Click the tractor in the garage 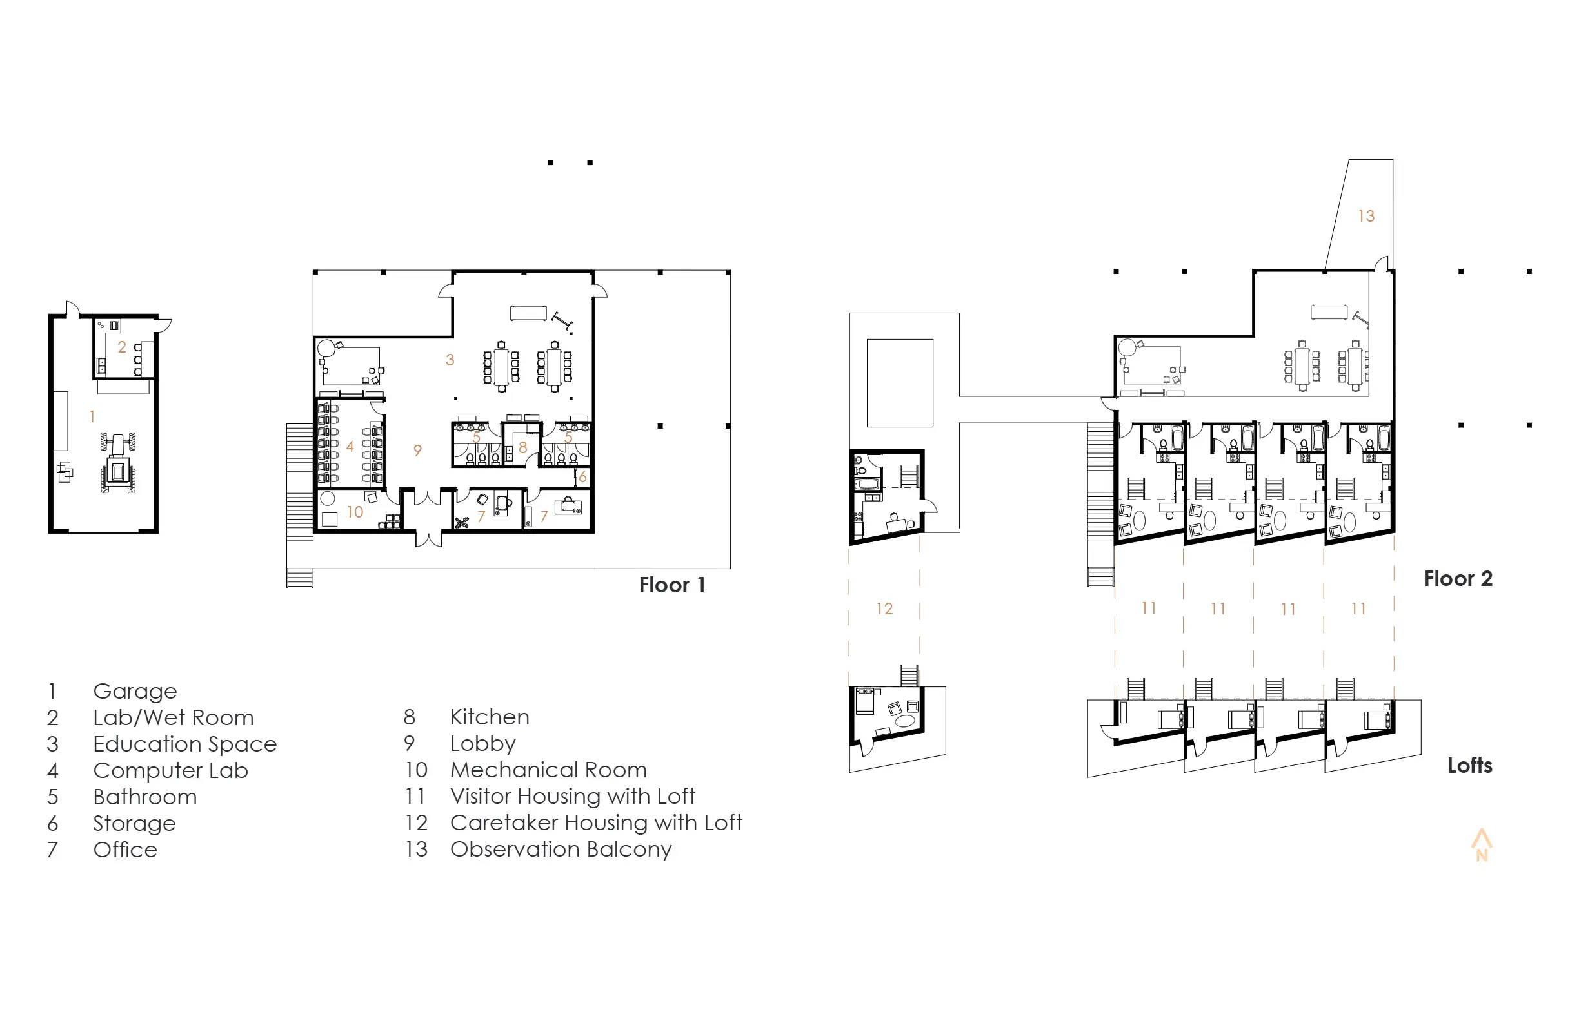pyautogui.click(x=118, y=463)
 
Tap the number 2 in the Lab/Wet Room pyautogui.click(x=122, y=347)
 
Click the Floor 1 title pyautogui.click(x=672, y=585)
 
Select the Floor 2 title pyautogui.click(x=1458, y=579)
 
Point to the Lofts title pyautogui.click(x=1469, y=766)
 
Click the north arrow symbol pyautogui.click(x=1482, y=844)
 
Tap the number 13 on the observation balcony pyautogui.click(x=1366, y=216)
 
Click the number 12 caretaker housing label pyautogui.click(x=884, y=608)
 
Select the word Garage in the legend pyautogui.click(x=135, y=692)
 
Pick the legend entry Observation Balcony pyautogui.click(x=561, y=850)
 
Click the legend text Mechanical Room pyautogui.click(x=548, y=770)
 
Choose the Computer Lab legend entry pyautogui.click(x=170, y=770)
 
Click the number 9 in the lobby pyautogui.click(x=417, y=450)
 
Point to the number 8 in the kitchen pyautogui.click(x=523, y=447)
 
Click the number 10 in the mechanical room pyautogui.click(x=355, y=512)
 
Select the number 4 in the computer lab pyautogui.click(x=350, y=447)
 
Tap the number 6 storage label pyautogui.click(x=582, y=477)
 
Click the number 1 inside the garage pyautogui.click(x=92, y=416)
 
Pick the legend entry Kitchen pyautogui.click(x=490, y=717)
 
